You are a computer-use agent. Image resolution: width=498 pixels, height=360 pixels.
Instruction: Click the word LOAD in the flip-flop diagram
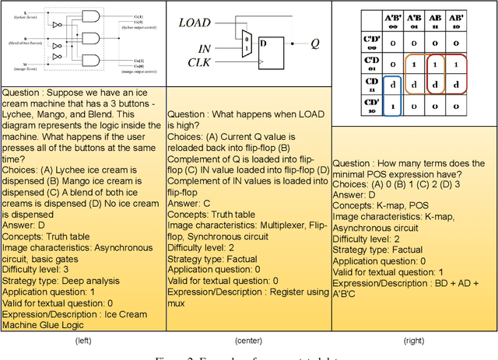click(195, 23)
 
